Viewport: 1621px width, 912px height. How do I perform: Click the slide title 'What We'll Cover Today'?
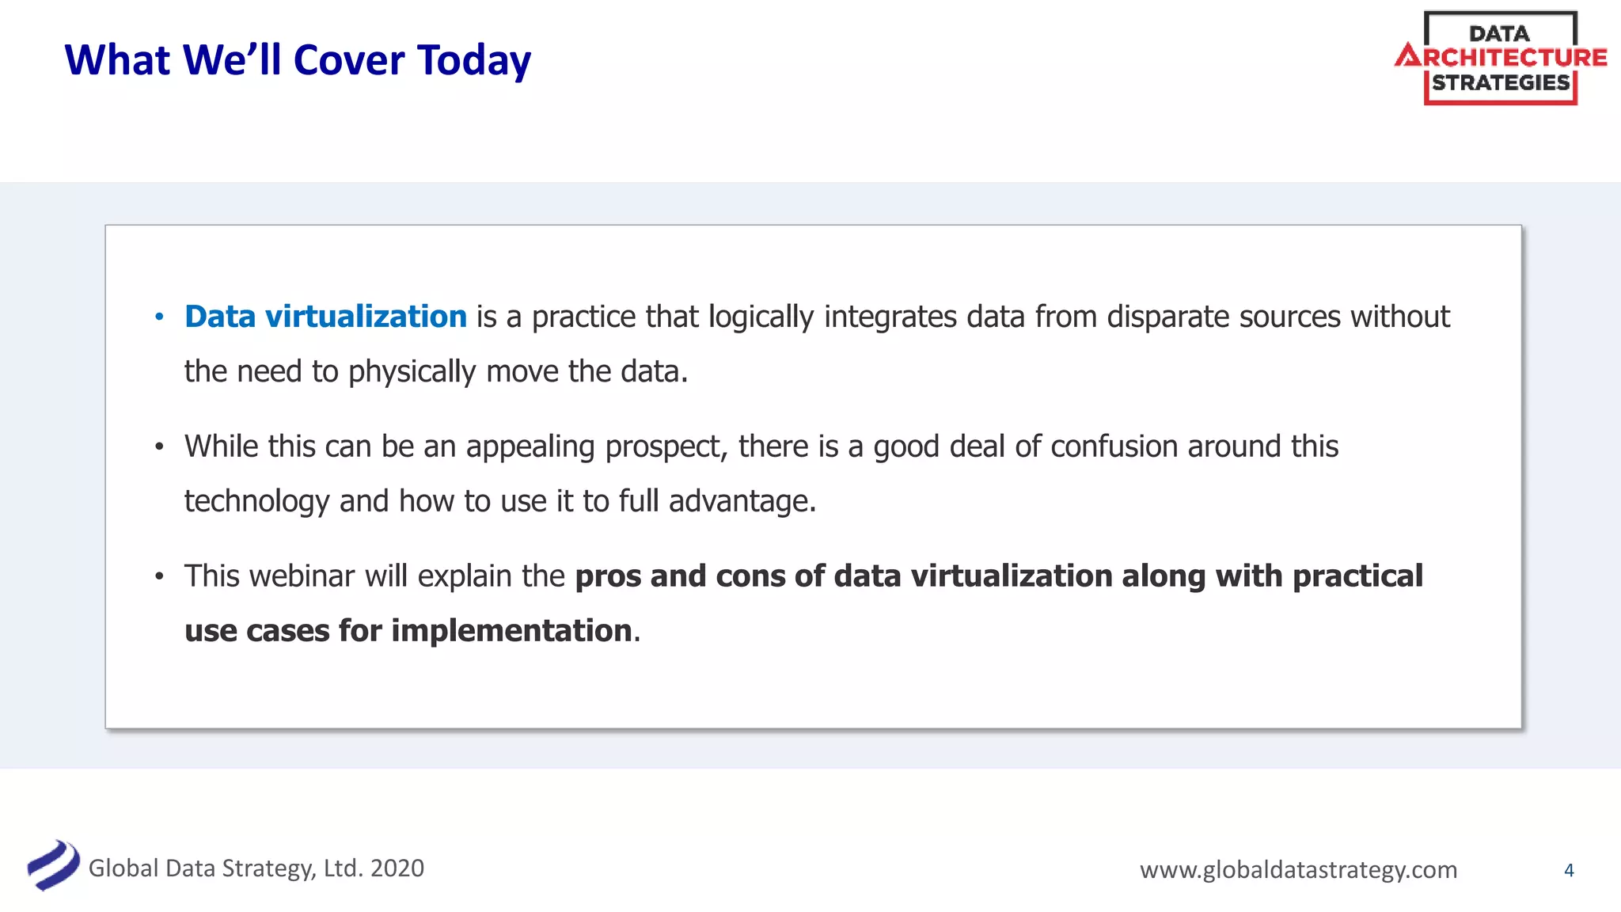coord(298,60)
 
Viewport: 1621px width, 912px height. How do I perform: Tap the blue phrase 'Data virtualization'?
coord(325,317)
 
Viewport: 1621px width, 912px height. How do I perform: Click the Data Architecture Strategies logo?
coord(1501,58)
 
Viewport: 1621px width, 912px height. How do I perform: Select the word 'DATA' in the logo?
coord(1499,33)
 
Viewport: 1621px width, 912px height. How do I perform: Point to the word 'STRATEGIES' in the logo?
coord(1501,82)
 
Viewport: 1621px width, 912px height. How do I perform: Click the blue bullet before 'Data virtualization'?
coord(159,317)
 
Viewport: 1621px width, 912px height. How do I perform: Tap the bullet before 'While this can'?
coord(159,447)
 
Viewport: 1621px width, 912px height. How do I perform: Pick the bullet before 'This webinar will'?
coord(159,577)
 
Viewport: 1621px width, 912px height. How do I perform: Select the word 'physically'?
coord(412,371)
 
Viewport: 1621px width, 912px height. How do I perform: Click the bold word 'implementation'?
coord(511,631)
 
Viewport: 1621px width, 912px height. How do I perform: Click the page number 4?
coord(1569,870)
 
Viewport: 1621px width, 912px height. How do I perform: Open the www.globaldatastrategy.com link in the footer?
coord(1298,869)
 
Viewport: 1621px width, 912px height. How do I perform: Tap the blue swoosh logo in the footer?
coord(53,865)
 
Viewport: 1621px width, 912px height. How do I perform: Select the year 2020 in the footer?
coord(397,868)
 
